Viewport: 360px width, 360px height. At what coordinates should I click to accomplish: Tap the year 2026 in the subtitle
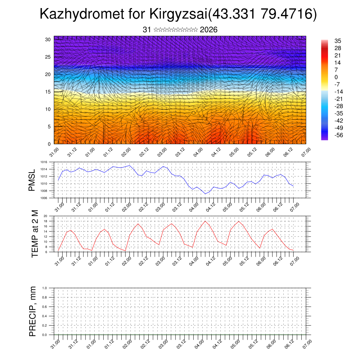(x=208, y=30)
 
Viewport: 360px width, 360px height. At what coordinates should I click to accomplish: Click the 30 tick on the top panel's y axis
(x=48, y=39)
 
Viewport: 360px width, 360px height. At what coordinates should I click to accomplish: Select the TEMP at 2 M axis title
(x=35, y=234)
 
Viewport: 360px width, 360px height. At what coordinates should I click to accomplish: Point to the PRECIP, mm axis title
(x=33, y=311)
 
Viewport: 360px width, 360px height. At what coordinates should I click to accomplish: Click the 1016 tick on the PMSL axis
(x=44, y=162)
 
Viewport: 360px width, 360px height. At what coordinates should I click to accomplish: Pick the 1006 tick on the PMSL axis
(x=44, y=198)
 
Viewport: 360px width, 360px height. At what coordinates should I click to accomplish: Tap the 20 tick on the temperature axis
(x=45, y=216)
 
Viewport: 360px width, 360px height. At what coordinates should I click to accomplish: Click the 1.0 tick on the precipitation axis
(x=44, y=288)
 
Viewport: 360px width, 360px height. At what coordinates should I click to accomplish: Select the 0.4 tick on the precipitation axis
(x=44, y=316)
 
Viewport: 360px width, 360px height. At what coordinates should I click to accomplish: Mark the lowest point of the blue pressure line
(x=205, y=194)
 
